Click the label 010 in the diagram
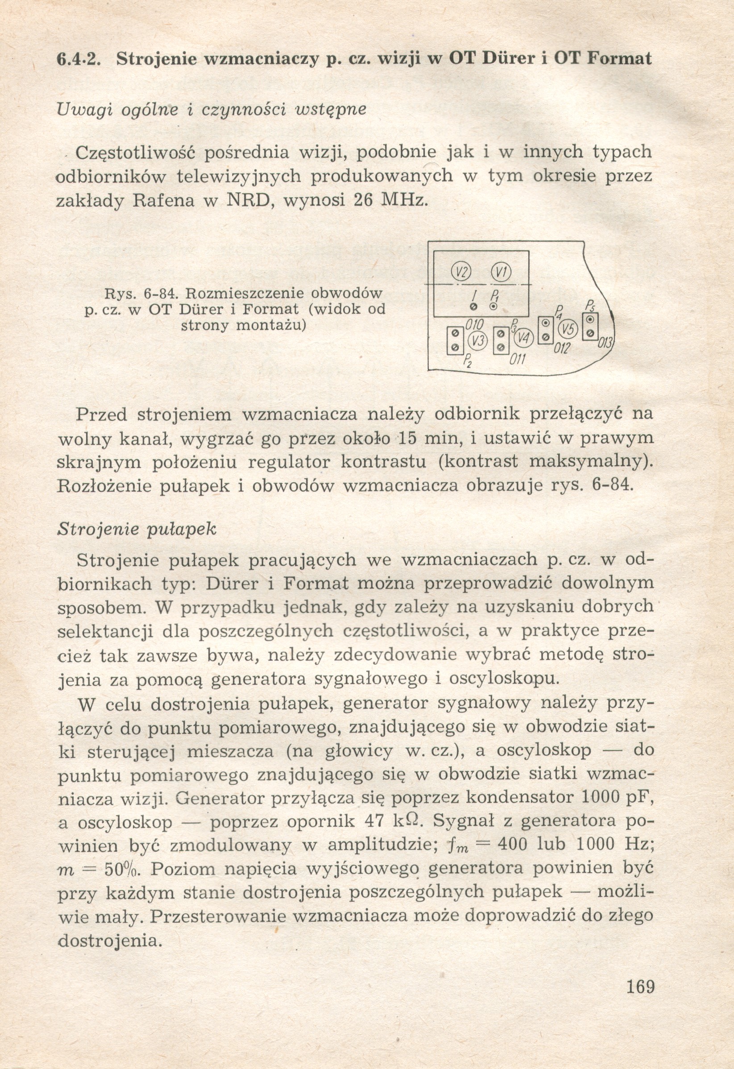click(474, 325)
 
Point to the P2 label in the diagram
click(467, 359)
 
